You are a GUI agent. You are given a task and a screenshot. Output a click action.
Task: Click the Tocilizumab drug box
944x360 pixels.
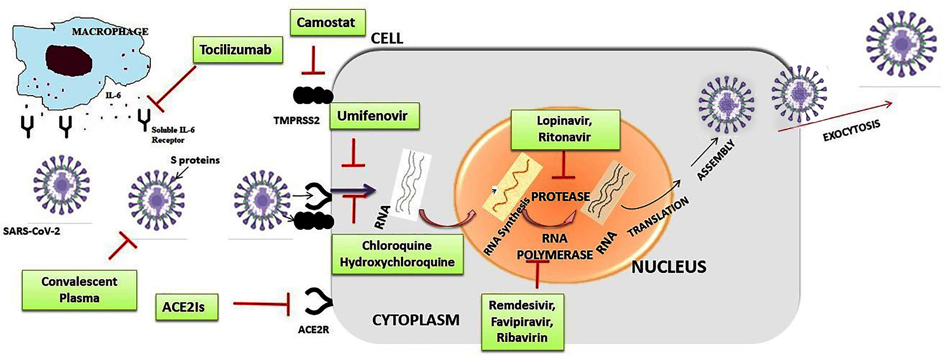click(238, 50)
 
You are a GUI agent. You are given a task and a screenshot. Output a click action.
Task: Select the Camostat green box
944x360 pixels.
click(327, 23)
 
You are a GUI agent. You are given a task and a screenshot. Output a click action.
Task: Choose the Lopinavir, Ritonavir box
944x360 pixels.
click(565, 129)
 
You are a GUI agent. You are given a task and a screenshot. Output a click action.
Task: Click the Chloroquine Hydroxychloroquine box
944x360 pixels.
click(397, 254)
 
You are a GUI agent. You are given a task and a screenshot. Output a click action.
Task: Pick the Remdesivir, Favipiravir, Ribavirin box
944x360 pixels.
click(522, 321)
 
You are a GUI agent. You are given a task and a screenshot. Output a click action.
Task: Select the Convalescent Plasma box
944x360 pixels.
click(79, 290)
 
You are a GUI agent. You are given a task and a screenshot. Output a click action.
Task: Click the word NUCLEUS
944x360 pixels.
click(668, 267)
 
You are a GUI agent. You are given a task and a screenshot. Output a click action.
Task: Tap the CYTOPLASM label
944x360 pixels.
click(416, 320)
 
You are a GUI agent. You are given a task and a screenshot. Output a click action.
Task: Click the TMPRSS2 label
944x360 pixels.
click(296, 121)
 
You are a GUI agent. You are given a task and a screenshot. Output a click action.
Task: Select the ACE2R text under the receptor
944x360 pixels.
click(313, 330)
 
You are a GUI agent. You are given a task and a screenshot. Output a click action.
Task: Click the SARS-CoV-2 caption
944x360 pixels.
click(31, 231)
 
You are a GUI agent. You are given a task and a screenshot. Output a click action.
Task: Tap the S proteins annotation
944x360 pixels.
click(195, 160)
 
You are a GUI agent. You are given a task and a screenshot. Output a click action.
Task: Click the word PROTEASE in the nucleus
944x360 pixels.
click(560, 196)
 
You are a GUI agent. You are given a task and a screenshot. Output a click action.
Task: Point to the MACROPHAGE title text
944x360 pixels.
click(110, 32)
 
